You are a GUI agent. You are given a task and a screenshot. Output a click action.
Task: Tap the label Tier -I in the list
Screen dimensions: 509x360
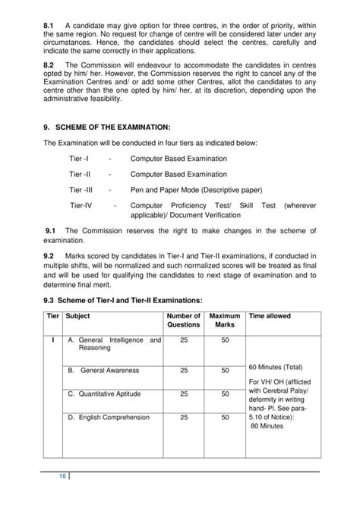point(80,159)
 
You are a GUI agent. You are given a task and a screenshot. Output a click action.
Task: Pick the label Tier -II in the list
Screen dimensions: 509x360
point(81,174)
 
